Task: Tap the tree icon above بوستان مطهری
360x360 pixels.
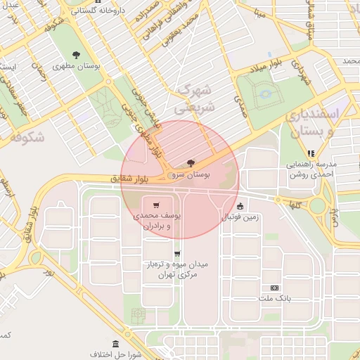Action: point(76,55)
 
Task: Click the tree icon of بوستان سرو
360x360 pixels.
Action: point(191,162)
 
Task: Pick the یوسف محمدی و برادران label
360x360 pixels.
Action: point(155,221)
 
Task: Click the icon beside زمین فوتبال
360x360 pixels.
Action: point(240,207)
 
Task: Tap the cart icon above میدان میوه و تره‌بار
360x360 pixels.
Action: point(176,254)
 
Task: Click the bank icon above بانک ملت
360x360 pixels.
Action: point(274,288)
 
